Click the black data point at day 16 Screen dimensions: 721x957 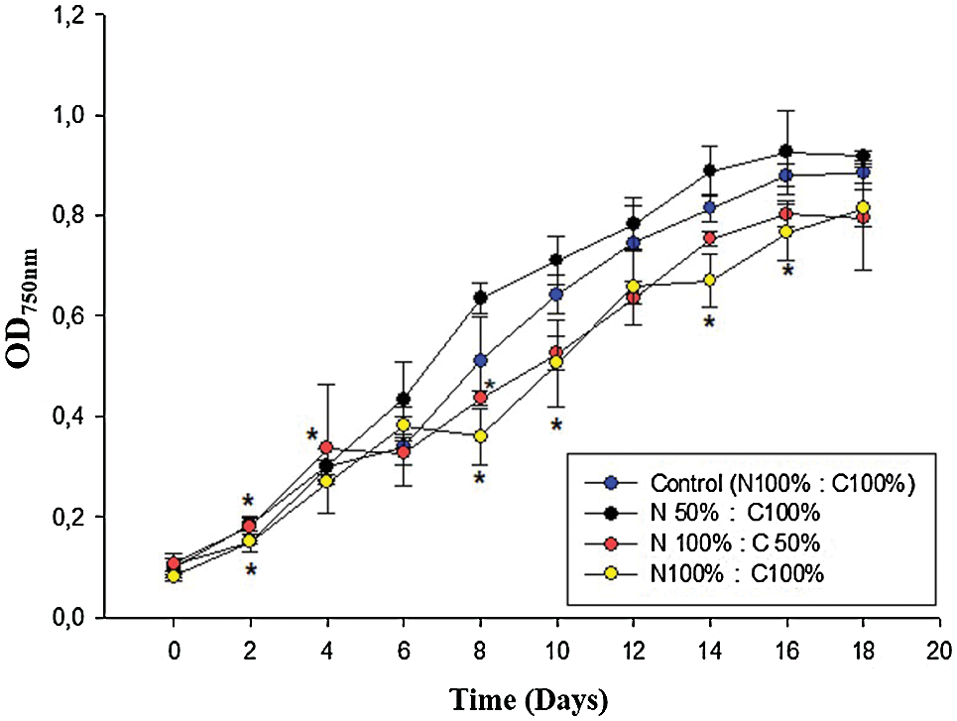pyautogui.click(x=785, y=152)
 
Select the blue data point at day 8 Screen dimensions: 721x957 pyautogui.click(x=480, y=361)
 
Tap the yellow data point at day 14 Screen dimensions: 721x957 pyautogui.click(x=709, y=281)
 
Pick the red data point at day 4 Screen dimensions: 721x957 pyautogui.click(x=326, y=447)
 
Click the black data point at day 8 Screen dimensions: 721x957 pyautogui.click(x=480, y=298)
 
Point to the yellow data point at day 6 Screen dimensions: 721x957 pyautogui.click(x=404, y=424)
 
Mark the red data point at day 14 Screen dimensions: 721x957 pyautogui.click(x=709, y=238)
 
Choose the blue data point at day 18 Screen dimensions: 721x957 pyautogui.click(x=863, y=174)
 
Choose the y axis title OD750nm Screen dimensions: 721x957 pyautogui.click(x=27, y=315)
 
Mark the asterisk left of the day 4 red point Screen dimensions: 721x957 pyautogui.click(x=311, y=434)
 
